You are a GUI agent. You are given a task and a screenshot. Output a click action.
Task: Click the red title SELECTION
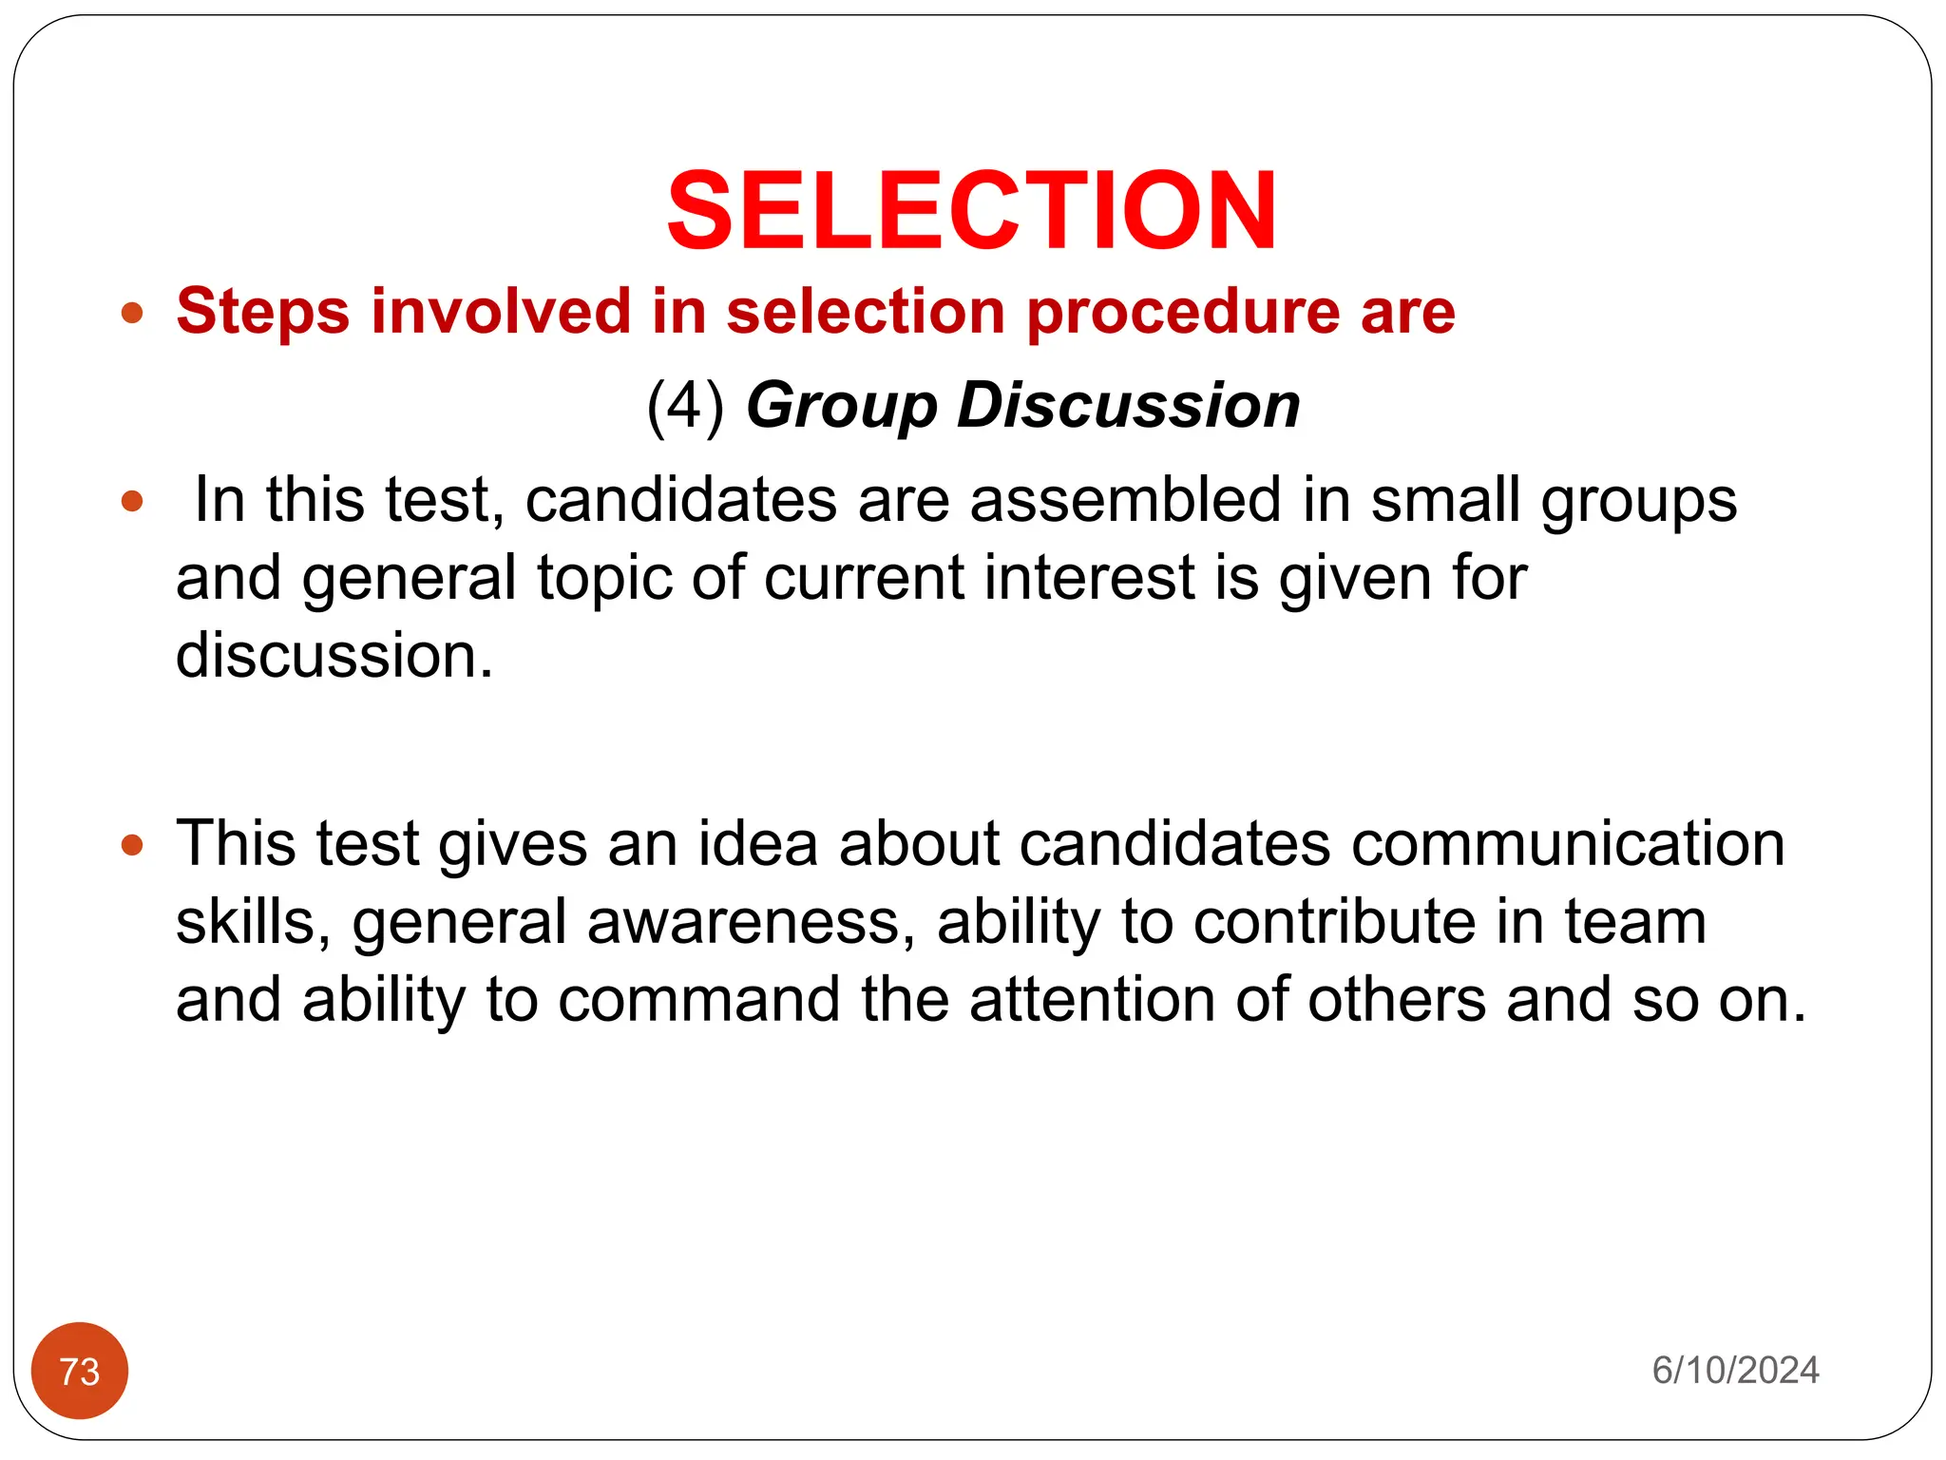pos(971,211)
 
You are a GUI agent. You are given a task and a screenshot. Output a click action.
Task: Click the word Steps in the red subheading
pos(262,312)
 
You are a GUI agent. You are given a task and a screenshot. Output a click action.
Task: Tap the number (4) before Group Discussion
pos(685,407)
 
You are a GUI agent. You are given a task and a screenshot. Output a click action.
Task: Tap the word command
pos(698,1001)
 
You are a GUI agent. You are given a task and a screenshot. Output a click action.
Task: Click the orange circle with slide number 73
pos(80,1371)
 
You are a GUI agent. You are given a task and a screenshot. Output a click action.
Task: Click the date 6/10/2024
pos(1735,1371)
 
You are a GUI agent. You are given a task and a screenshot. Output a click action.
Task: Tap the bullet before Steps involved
pos(133,313)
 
